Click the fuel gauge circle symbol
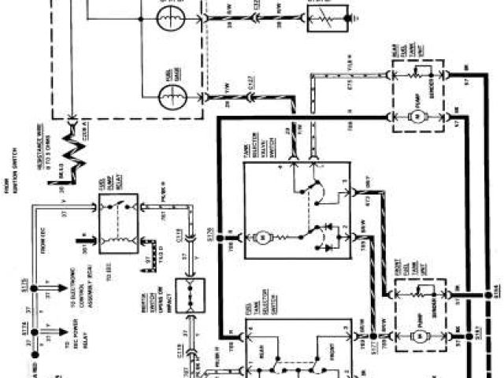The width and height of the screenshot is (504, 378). [171, 98]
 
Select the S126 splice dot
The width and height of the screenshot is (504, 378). [222, 233]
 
